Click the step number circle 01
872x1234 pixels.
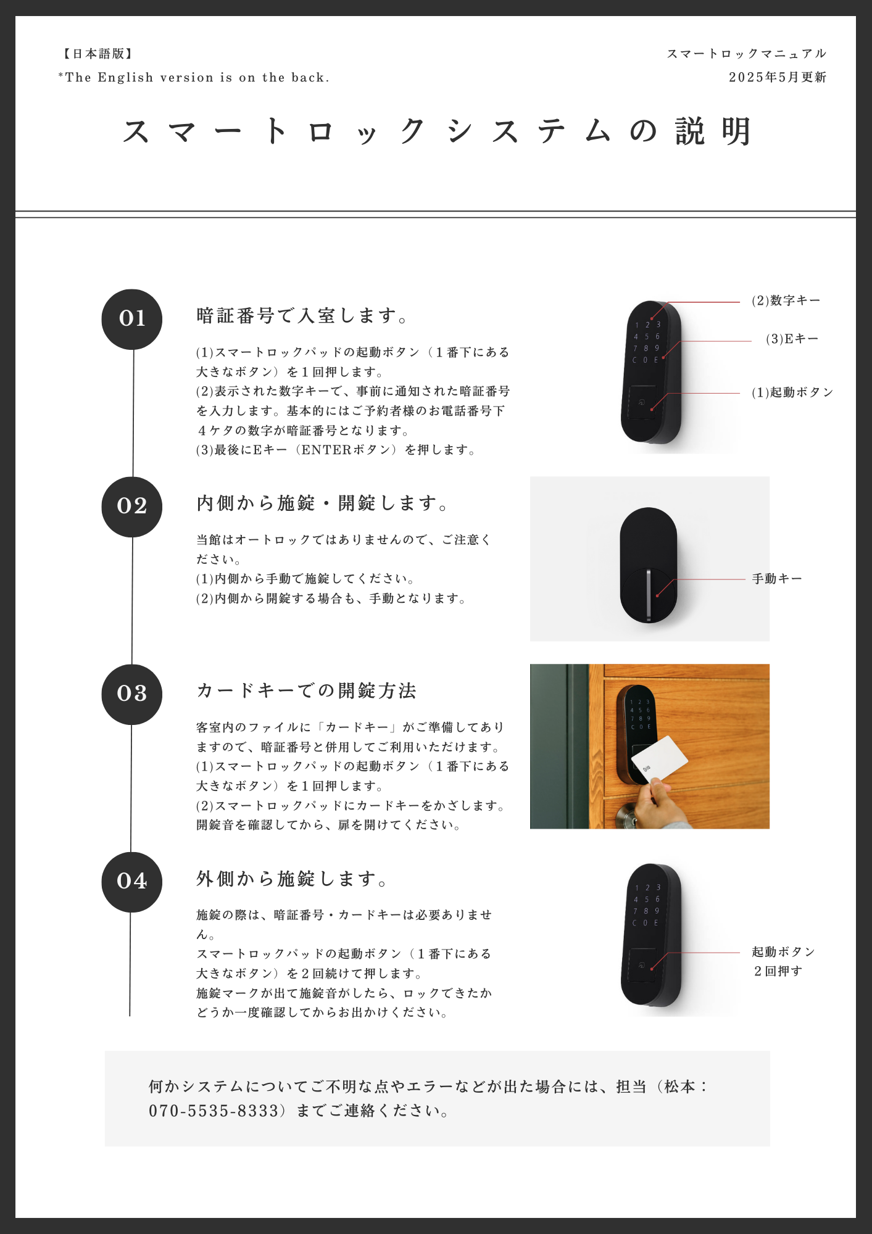pos(132,319)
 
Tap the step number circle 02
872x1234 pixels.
pos(132,507)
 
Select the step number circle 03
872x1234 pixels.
pos(132,694)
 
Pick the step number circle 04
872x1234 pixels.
pos(132,882)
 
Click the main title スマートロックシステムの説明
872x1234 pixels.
pos(436,131)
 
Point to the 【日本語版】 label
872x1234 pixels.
pos(98,54)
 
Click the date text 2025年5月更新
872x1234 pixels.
pos(777,77)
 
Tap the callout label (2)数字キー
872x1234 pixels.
pos(786,300)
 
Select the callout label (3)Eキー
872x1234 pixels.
pos(792,339)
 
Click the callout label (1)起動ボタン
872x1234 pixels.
pos(792,392)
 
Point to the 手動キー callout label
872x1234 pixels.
pos(777,579)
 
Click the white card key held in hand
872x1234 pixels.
pos(659,760)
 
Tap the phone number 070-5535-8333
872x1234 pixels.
pos(214,1111)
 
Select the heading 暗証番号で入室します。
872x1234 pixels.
pos(302,316)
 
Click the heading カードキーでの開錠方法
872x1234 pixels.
pos(307,690)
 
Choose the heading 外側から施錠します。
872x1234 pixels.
pos(293,879)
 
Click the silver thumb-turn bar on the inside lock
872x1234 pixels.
pos(649,595)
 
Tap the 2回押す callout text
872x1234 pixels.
pos(778,971)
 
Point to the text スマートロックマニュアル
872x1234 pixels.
pos(747,54)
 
